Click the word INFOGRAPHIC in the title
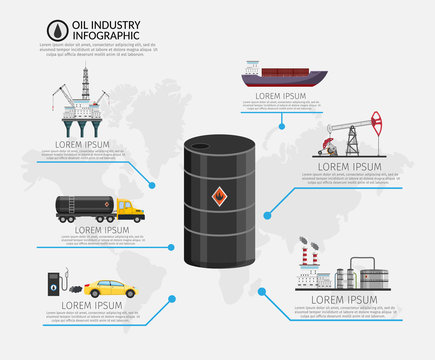point(91,34)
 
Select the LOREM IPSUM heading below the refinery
point(342,300)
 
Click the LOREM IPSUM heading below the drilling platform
point(81,142)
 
